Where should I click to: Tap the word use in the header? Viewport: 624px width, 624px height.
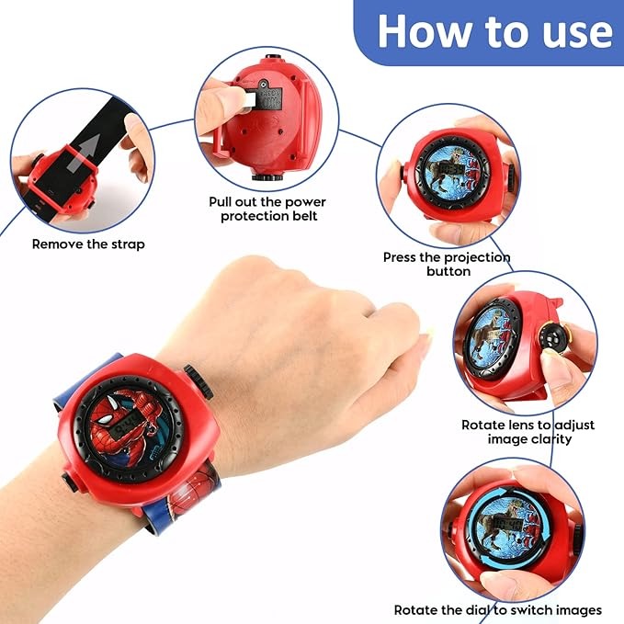coord(577,33)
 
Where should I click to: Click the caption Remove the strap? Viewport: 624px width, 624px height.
coord(88,244)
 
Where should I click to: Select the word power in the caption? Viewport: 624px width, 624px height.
coord(306,202)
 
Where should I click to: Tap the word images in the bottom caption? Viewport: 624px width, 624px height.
coord(578,609)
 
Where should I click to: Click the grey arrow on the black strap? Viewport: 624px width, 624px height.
coord(84,153)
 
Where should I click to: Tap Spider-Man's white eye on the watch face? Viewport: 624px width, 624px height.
coord(104,419)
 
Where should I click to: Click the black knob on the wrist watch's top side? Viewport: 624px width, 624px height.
coord(199,381)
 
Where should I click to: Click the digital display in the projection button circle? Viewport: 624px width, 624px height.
coord(451,169)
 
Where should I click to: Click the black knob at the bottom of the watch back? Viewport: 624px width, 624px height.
coord(267,176)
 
